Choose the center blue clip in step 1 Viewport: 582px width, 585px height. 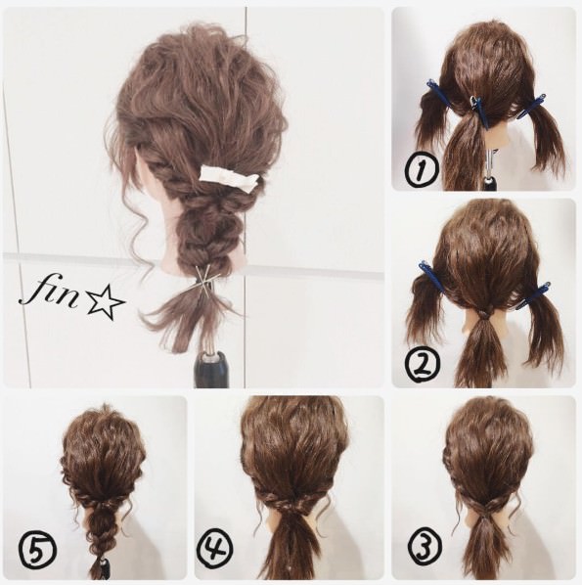[478, 112]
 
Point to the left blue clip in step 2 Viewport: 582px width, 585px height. [432, 276]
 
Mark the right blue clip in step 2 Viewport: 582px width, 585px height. [533, 295]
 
